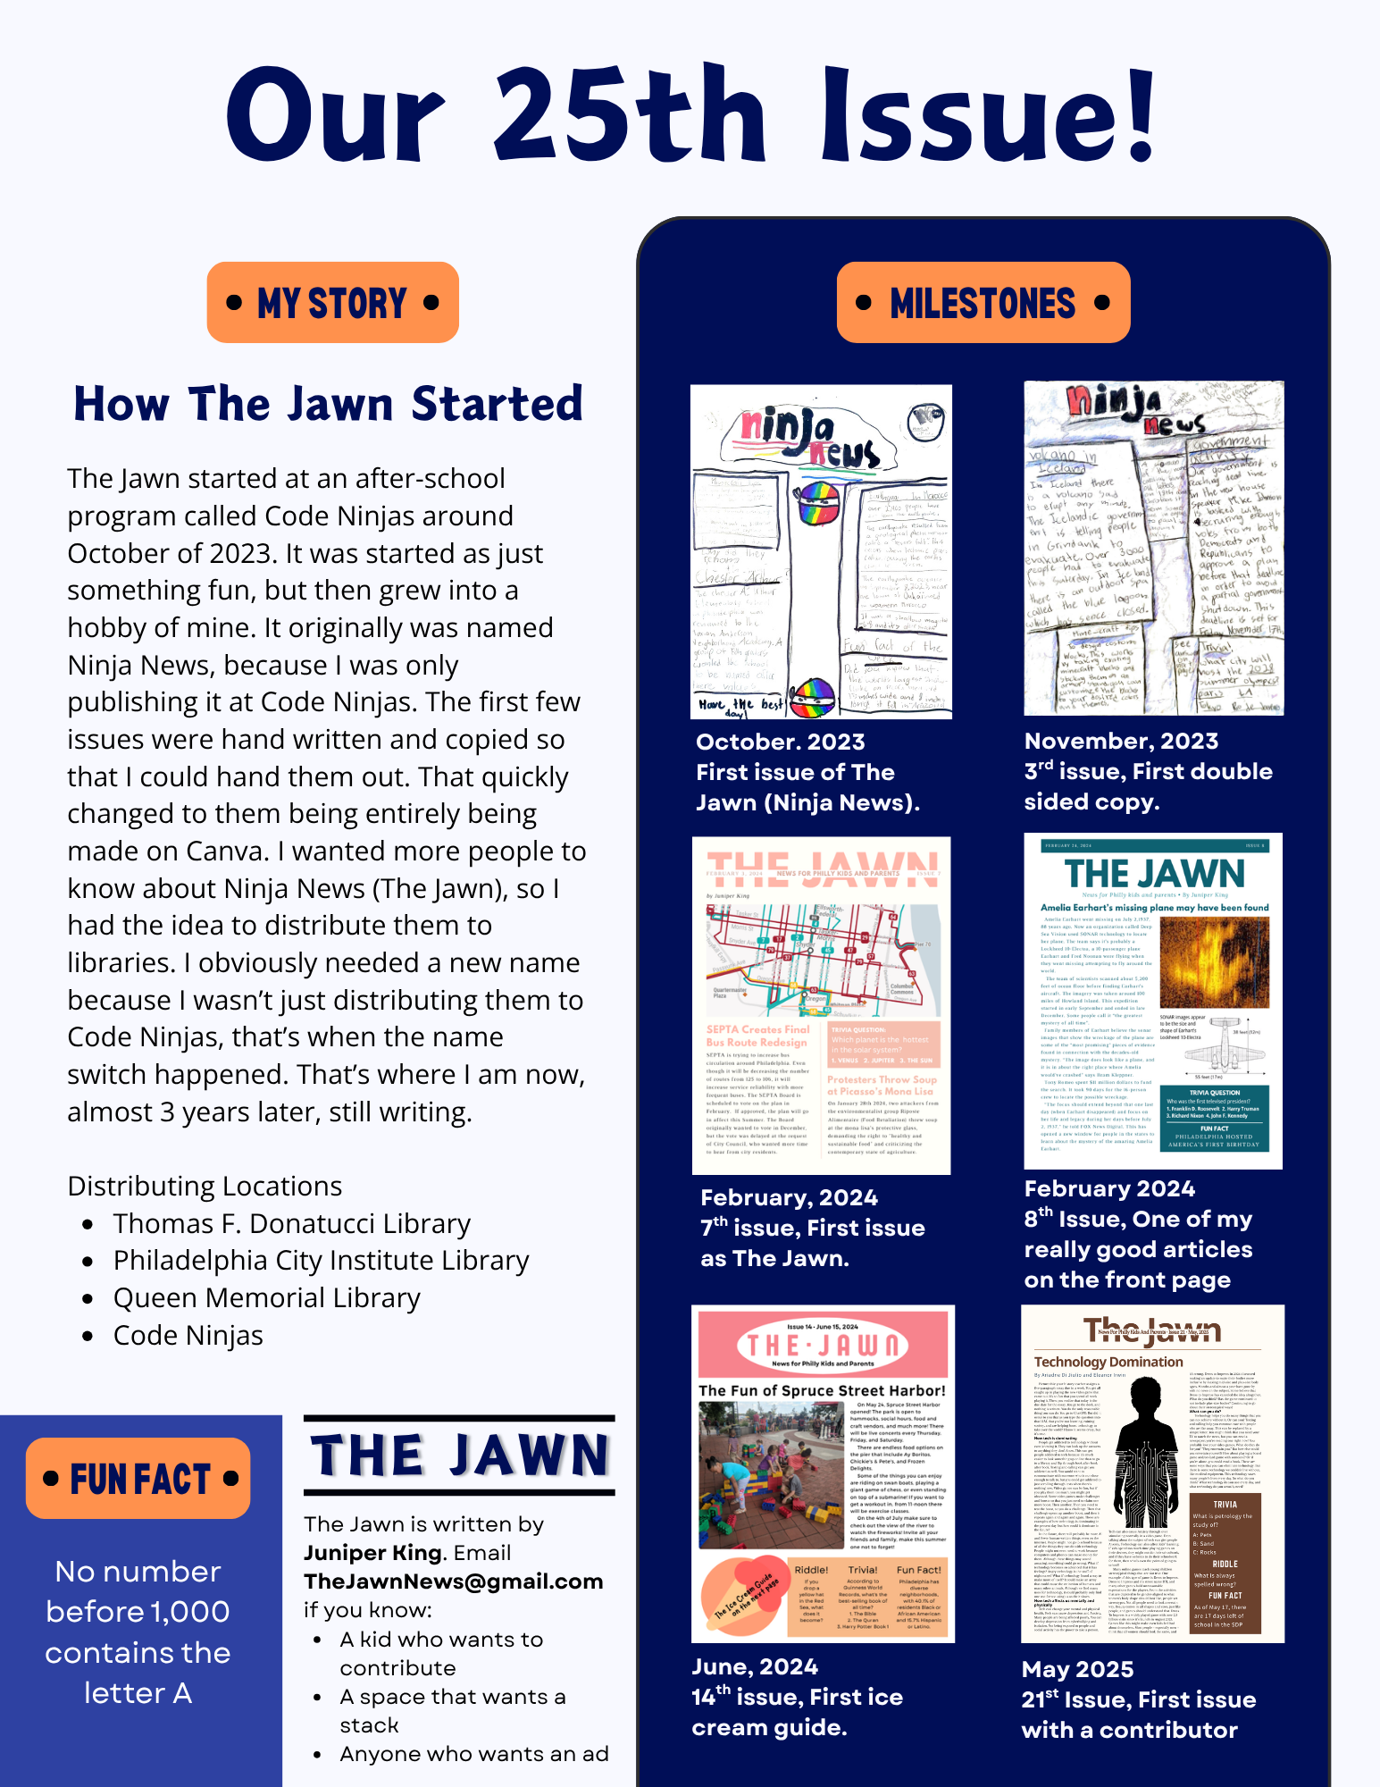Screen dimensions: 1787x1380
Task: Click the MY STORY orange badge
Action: pyautogui.click(x=332, y=303)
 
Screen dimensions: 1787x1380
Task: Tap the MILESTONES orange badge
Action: pyautogui.click(x=983, y=303)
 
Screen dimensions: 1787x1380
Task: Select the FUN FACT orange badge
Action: pyautogui.click(x=138, y=1479)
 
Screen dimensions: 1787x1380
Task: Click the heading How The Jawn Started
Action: pyautogui.click(x=328, y=404)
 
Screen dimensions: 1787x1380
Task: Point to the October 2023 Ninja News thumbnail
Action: pyautogui.click(x=821, y=551)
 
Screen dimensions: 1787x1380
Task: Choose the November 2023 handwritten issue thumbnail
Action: pyautogui.click(x=1153, y=548)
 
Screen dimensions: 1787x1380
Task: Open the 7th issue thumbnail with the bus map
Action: pyautogui.click(x=821, y=1005)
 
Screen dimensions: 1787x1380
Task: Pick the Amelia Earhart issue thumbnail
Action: pyautogui.click(x=1153, y=1001)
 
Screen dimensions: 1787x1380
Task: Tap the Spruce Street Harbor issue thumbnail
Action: pyautogui.click(x=823, y=1473)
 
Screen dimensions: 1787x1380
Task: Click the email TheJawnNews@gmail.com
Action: pyautogui.click(x=453, y=1581)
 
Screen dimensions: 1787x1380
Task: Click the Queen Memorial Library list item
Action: pyautogui.click(x=266, y=1297)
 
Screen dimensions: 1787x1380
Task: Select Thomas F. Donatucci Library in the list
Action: pyautogui.click(x=291, y=1223)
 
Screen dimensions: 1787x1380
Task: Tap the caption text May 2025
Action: pyautogui.click(x=1077, y=1669)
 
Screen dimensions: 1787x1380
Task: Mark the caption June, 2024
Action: pyautogui.click(x=755, y=1666)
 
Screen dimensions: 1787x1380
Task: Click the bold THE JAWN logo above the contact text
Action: pyautogui.click(x=459, y=1456)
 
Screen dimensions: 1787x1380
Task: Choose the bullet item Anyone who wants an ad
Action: pyautogui.click(x=473, y=1754)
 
